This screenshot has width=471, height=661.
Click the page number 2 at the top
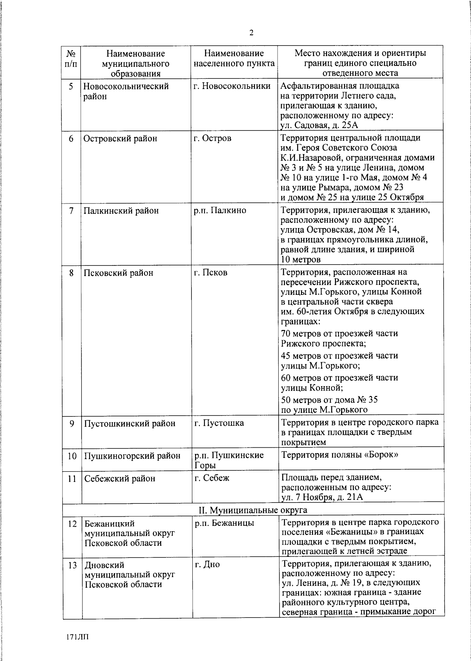[251, 33]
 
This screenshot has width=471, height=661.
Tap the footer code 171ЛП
[78, 636]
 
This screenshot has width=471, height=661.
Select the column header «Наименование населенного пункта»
[234, 58]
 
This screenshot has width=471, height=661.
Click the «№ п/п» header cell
[71, 58]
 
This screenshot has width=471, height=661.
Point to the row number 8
[71, 273]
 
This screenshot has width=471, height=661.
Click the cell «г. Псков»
[211, 272]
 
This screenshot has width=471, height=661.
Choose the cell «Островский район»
[120, 138]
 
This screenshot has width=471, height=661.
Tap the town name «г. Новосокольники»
[232, 86]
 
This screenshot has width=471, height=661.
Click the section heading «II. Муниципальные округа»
[253, 510]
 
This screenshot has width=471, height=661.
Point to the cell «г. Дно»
[207, 565]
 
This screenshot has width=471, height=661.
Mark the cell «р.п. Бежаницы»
[224, 523]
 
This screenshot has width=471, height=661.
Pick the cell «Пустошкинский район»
[129, 423]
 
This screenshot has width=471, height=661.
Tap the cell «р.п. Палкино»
[220, 211]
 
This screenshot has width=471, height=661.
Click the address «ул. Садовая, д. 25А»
[319, 125]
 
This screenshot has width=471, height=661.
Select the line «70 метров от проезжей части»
[340, 334]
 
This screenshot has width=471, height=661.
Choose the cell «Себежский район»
[120, 479]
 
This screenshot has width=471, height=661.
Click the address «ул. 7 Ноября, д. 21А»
[322, 498]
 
